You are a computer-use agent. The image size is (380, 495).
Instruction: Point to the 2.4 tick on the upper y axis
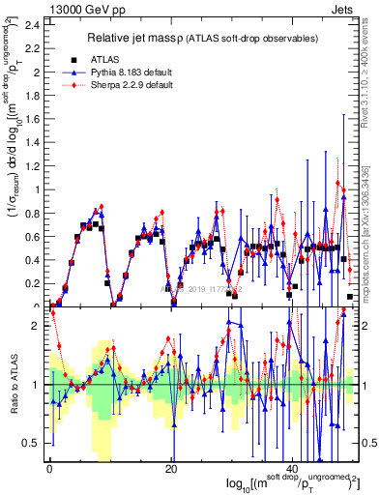[35, 23]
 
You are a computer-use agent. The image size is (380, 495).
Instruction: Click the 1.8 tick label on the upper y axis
[35, 95]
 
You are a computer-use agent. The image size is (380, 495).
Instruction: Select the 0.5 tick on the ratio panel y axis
[35, 444]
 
